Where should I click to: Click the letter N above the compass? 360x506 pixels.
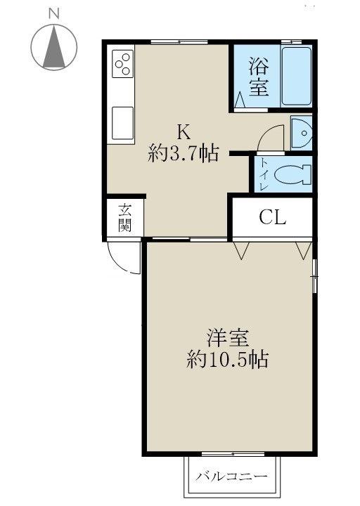(x=54, y=13)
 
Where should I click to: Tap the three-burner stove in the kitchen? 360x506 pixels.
(x=122, y=63)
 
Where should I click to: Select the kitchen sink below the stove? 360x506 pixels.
(x=122, y=123)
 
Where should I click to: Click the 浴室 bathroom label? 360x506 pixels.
(x=259, y=77)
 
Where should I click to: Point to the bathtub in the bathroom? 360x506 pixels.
(x=297, y=76)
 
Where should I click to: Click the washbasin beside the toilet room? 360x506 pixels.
(x=301, y=133)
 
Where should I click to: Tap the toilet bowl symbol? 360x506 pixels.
(x=292, y=174)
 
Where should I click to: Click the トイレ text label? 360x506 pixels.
(x=264, y=174)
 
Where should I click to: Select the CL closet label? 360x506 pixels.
(x=273, y=218)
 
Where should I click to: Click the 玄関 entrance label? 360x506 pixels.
(x=124, y=218)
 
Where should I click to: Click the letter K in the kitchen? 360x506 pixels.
(x=183, y=131)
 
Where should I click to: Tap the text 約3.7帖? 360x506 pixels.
(x=184, y=153)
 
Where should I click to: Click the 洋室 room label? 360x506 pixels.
(x=227, y=338)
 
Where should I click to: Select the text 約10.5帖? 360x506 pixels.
(x=227, y=359)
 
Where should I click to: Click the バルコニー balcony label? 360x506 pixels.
(x=233, y=476)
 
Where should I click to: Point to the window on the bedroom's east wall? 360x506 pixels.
(x=314, y=276)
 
